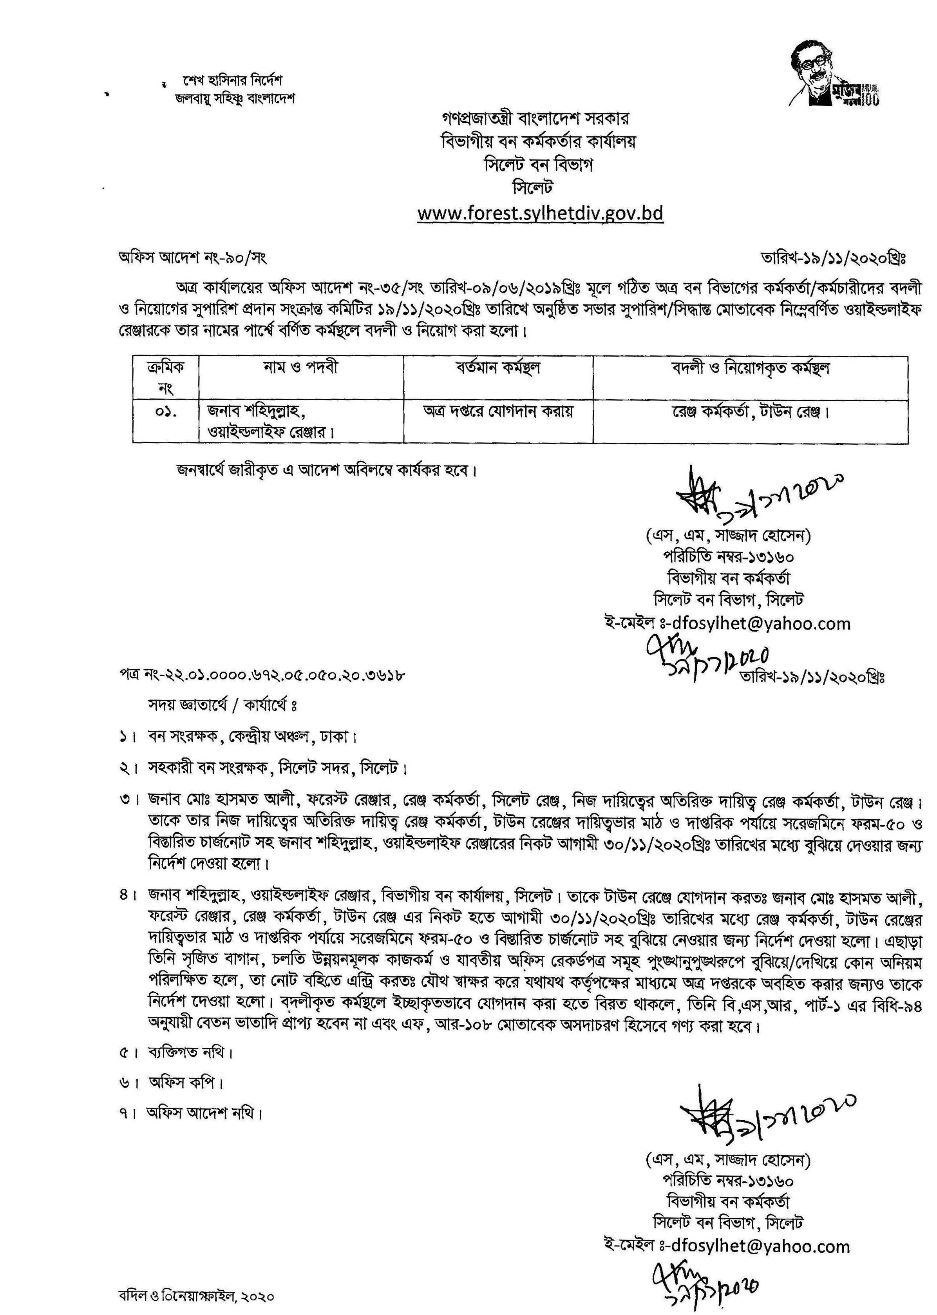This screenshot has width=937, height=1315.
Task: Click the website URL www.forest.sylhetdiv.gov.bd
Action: point(540,214)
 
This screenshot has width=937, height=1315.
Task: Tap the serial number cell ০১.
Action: point(166,413)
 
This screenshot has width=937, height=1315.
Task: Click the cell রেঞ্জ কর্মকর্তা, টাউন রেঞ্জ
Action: point(750,413)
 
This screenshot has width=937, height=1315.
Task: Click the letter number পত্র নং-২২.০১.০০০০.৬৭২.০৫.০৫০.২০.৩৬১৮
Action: point(261,674)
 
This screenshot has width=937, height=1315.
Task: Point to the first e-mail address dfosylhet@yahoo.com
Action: point(757,623)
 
